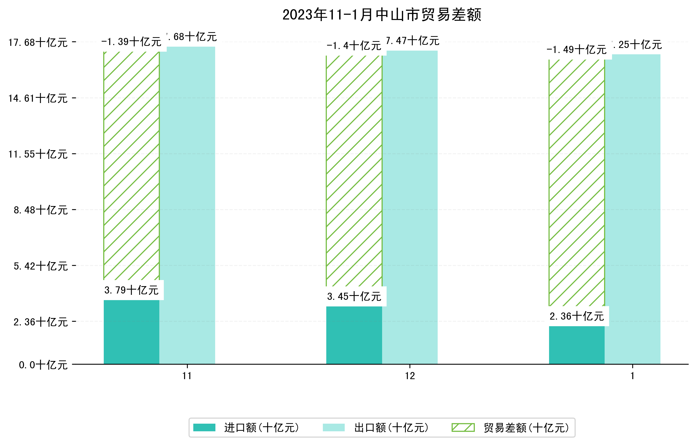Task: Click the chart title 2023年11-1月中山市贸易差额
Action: point(382,15)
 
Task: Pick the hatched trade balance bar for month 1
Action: point(576,182)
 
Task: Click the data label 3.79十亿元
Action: point(131,290)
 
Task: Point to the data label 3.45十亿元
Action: point(354,296)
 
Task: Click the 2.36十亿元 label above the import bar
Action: point(577,316)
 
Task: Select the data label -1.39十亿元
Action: point(131,42)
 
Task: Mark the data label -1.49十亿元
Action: point(576,50)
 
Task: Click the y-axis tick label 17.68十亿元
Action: point(38,42)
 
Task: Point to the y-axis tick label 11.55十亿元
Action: point(38,154)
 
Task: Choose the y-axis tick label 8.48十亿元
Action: point(41,210)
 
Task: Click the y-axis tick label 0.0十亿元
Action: point(43,365)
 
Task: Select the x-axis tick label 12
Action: point(409,376)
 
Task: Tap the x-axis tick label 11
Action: point(187,376)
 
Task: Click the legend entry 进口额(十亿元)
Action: point(261,427)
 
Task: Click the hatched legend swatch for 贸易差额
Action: point(463,427)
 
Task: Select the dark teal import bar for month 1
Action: point(576,345)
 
